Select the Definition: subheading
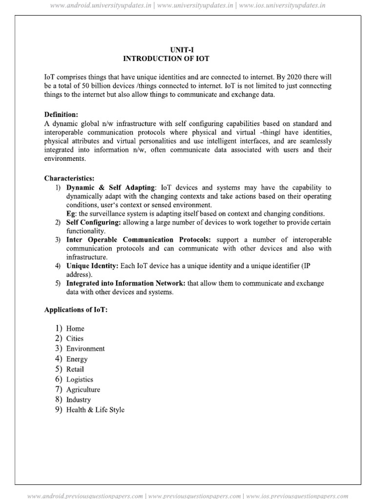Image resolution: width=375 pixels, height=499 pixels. (61, 115)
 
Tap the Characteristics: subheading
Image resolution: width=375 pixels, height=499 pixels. (69, 178)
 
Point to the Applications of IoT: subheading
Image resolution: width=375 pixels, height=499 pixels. (76, 310)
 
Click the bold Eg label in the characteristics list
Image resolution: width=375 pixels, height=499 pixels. (70, 213)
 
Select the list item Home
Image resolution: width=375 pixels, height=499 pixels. (75, 328)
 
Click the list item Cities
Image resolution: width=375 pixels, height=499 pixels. (75, 339)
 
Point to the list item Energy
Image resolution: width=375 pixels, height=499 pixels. (77, 359)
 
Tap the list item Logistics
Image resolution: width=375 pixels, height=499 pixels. (80, 379)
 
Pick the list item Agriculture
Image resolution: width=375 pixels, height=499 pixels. (83, 389)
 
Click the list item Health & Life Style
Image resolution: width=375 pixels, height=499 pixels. (95, 410)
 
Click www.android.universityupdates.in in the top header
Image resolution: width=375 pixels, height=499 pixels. (90, 6)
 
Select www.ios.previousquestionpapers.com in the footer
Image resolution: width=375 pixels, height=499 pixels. (297, 496)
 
